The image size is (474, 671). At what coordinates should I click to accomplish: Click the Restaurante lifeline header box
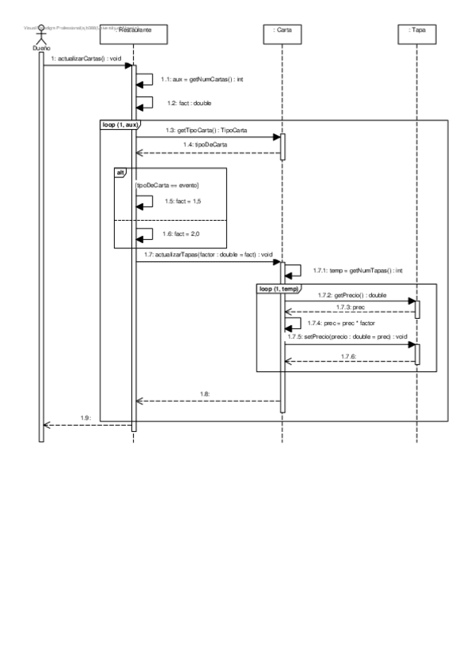134,31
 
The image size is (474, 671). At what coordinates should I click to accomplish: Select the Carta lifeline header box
282,31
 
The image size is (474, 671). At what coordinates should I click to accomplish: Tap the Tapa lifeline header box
417,31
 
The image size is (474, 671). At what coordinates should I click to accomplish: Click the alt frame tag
120,172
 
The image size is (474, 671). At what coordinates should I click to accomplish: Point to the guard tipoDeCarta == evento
168,184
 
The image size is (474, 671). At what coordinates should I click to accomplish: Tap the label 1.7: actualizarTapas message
209,255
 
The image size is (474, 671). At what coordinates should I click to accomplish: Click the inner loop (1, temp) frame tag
277,288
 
